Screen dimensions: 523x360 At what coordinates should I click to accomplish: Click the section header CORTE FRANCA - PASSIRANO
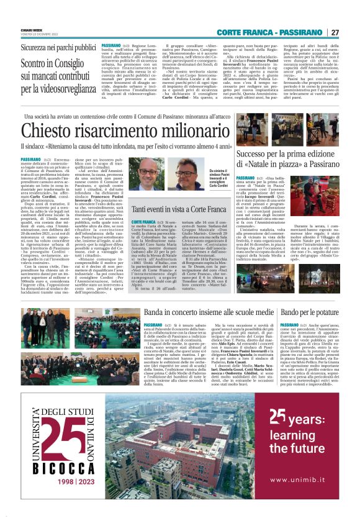tap(277, 32)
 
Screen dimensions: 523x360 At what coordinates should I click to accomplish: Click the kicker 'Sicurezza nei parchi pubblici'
tap(58, 47)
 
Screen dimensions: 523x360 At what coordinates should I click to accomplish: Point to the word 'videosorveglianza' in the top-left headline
tap(59, 89)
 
